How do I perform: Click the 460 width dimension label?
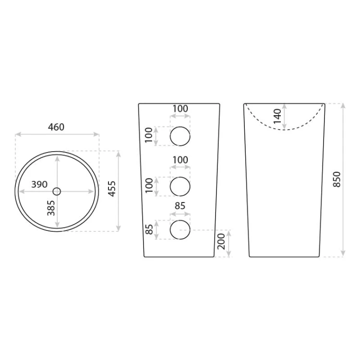(x=56, y=127)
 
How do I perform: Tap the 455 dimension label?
(x=112, y=189)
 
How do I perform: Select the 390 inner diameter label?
(x=39, y=184)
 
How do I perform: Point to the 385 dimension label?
(x=51, y=208)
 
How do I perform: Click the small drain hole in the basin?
(x=57, y=191)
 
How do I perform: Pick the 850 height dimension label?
(x=337, y=180)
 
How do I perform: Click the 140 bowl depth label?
(x=277, y=116)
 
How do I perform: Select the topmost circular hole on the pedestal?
(x=180, y=136)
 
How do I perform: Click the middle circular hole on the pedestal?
(x=180, y=186)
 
